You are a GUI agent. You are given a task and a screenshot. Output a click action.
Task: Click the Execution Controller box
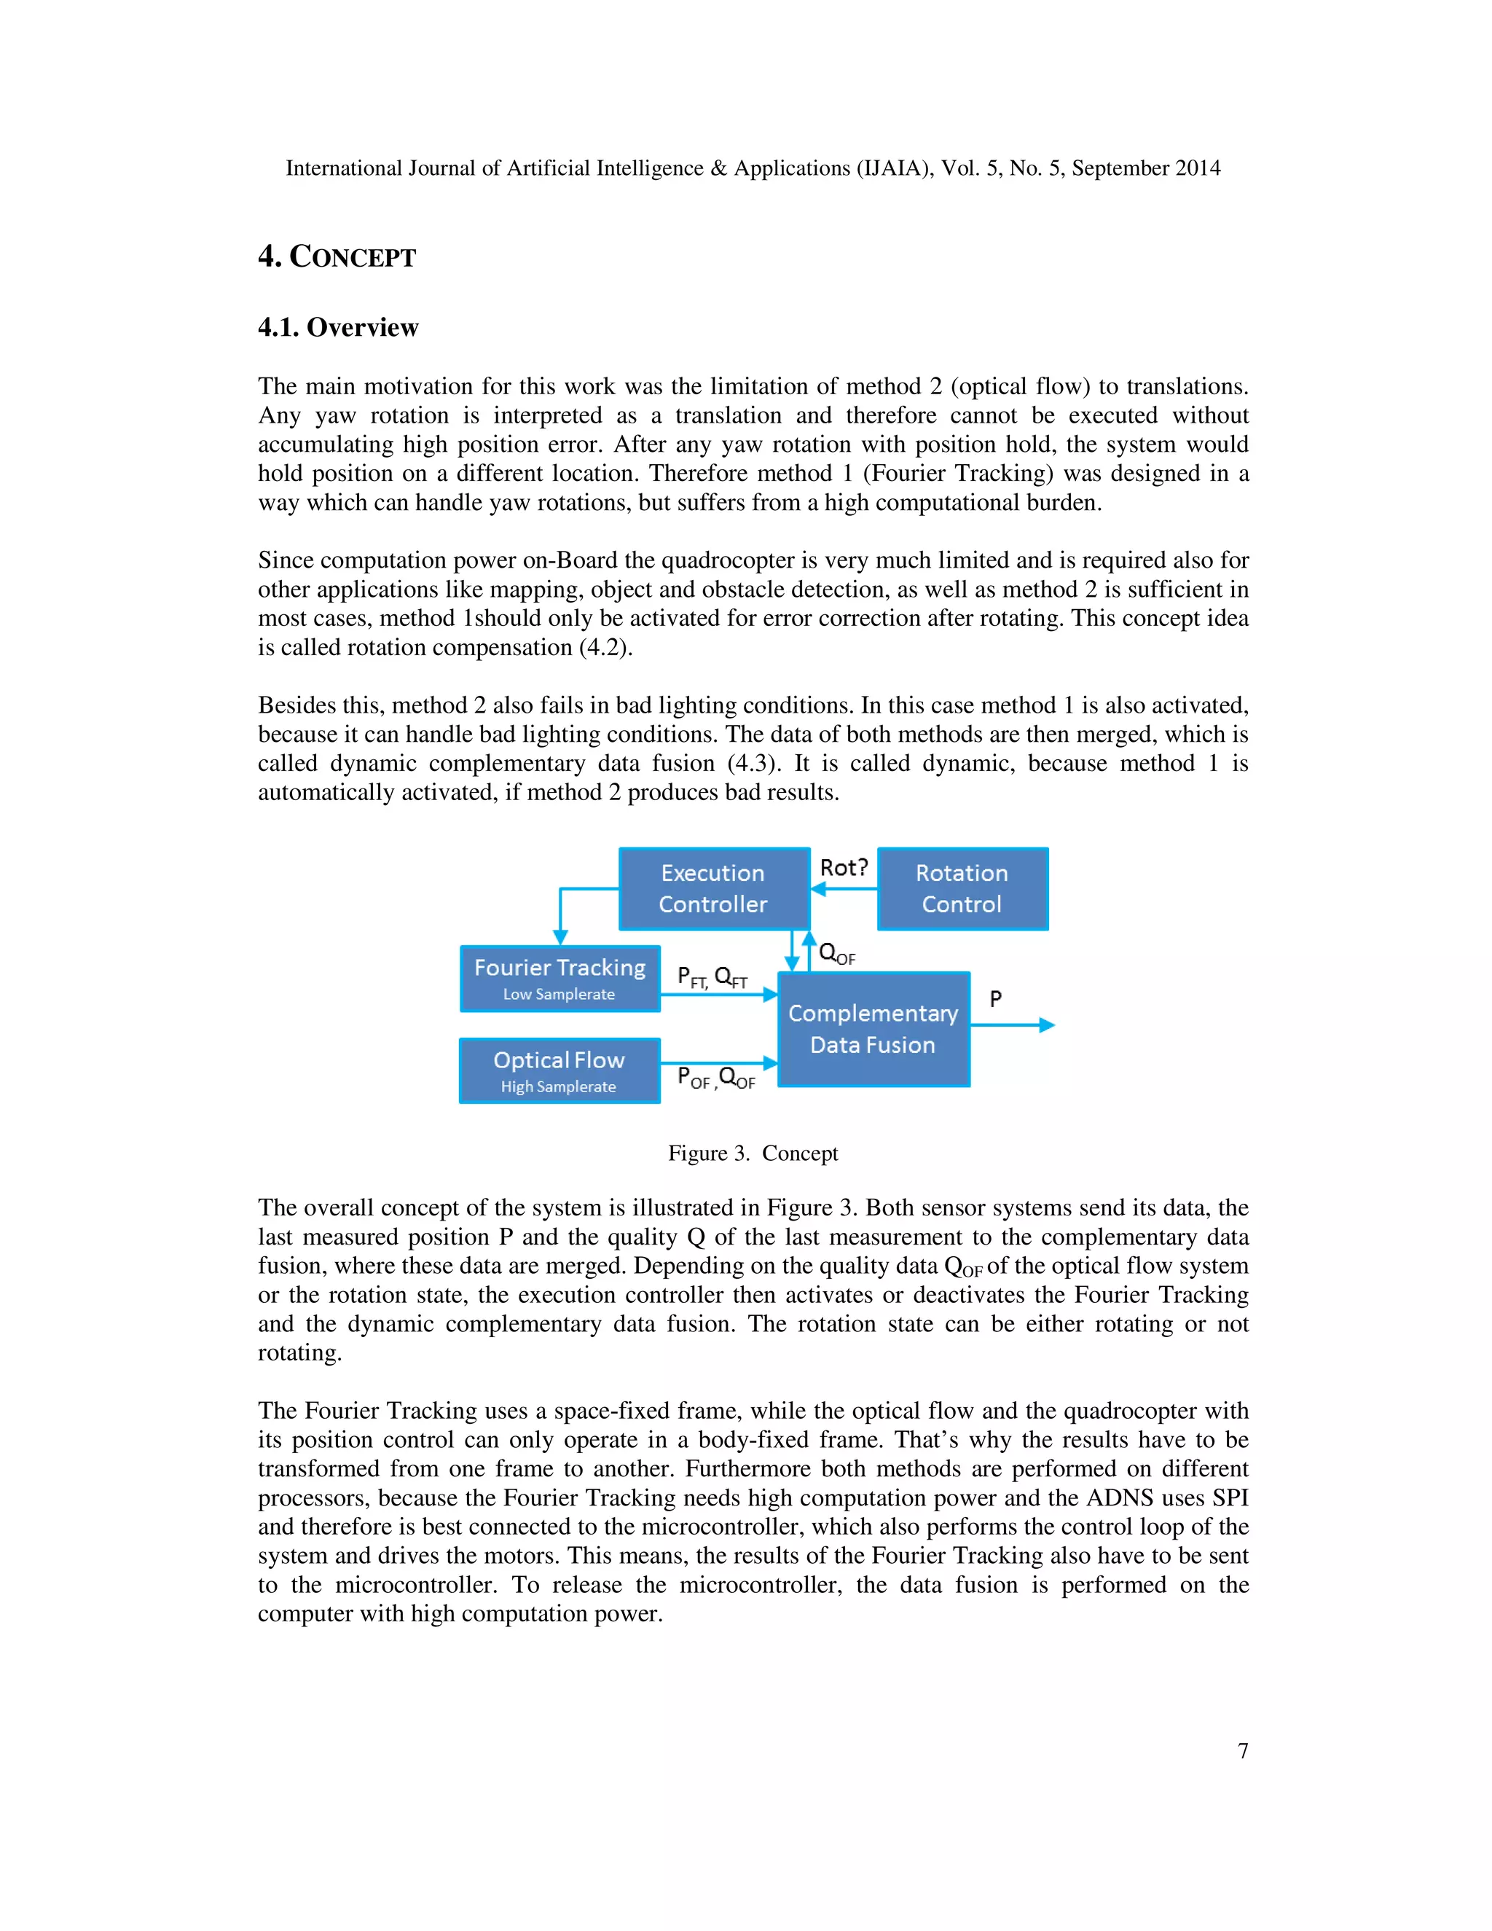tap(713, 888)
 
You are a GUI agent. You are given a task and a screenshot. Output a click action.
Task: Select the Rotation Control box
tap(962, 888)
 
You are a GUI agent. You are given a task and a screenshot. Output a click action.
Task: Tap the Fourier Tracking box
tap(559, 978)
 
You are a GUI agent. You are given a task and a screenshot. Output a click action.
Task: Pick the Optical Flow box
tap(559, 1070)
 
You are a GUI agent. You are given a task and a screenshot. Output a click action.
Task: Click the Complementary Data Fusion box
tap(873, 1029)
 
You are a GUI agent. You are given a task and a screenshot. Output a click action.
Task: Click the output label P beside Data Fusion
tap(995, 999)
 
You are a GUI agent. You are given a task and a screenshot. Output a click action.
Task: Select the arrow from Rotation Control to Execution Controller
tap(844, 888)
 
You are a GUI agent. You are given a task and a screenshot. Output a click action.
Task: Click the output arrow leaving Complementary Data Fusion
tap(1012, 1025)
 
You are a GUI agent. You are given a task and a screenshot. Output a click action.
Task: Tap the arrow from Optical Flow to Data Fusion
tap(718, 1062)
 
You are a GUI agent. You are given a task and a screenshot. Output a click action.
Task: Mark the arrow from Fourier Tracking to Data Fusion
tap(718, 995)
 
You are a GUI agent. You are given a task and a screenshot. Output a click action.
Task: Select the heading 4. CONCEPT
tap(337, 256)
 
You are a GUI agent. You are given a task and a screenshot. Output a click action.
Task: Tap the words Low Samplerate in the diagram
tap(559, 994)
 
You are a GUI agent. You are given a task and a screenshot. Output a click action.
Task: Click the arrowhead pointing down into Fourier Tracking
tap(559, 937)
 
